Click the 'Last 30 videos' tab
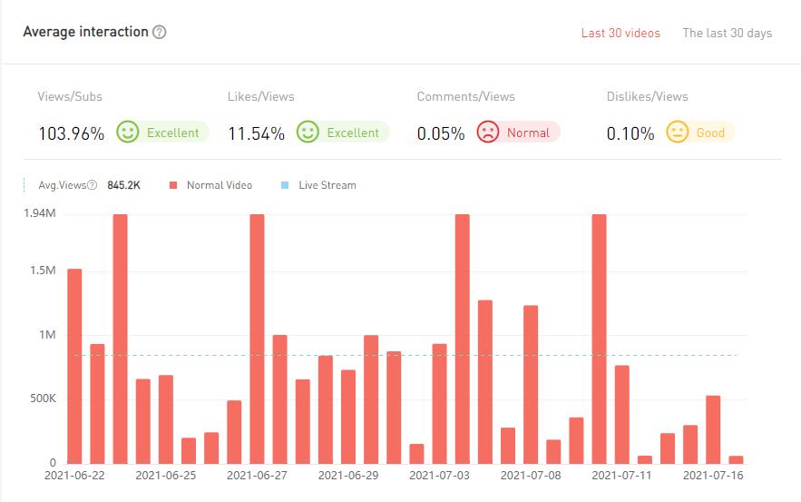click(620, 34)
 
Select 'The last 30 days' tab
click(727, 34)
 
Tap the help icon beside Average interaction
click(160, 32)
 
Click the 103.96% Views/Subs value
click(71, 133)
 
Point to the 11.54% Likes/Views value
click(256, 133)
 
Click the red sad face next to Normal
click(488, 133)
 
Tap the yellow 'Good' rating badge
click(700, 133)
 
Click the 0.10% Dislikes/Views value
click(630, 133)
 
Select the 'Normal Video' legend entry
click(211, 185)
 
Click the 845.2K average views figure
click(124, 185)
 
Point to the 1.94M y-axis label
click(40, 213)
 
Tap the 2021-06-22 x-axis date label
click(74, 475)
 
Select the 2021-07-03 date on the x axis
click(439, 475)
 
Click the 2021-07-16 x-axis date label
click(712, 475)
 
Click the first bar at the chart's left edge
click(74, 366)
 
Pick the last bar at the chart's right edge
click(736, 459)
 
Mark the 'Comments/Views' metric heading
click(465, 96)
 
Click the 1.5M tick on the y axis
click(42, 271)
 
